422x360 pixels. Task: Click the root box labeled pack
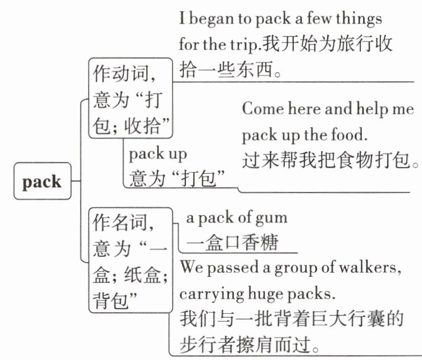coord(42,182)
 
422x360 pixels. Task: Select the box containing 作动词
coord(130,98)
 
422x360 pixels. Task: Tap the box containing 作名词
coord(130,260)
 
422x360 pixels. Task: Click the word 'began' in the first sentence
coord(214,19)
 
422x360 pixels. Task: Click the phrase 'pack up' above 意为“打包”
coord(158,153)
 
